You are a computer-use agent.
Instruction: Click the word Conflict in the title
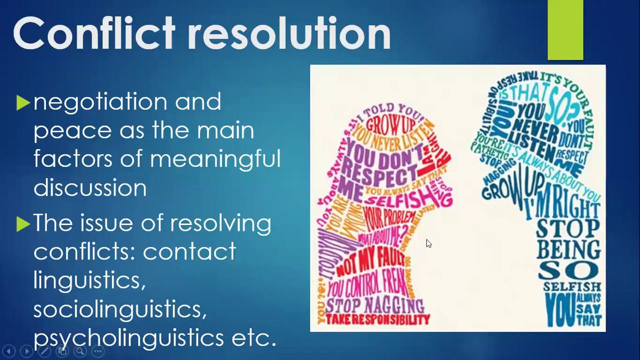point(94,33)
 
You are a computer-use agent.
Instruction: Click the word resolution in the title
point(289,33)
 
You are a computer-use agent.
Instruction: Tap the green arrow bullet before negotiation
point(23,103)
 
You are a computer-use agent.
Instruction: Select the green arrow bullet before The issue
point(23,223)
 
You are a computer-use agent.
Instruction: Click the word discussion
point(90,188)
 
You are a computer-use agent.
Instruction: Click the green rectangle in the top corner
point(565,30)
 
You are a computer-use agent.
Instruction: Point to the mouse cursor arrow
point(428,243)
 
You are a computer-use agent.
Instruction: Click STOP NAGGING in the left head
point(374,304)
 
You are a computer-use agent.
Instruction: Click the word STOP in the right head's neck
point(567,228)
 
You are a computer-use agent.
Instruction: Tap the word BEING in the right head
point(569,249)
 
